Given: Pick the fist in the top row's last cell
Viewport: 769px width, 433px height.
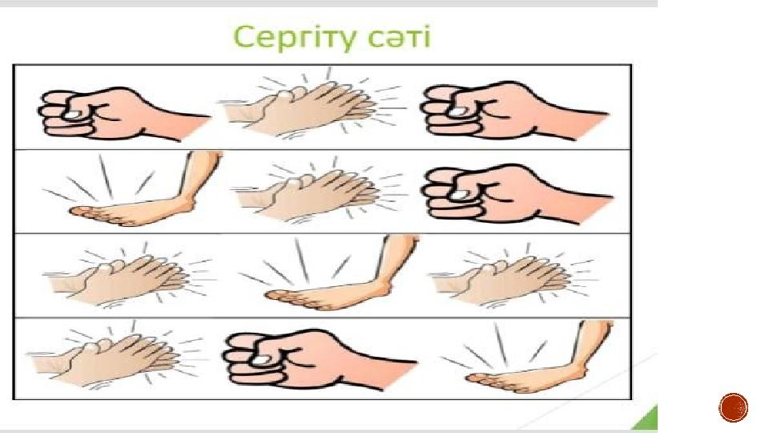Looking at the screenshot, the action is pyautogui.click(x=514, y=111).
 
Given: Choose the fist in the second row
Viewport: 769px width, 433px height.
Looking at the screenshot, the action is pyautogui.click(x=517, y=194).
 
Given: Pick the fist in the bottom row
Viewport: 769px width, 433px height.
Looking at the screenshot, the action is pyautogui.click(x=320, y=359).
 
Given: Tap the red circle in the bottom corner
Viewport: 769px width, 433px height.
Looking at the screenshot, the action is pyautogui.click(x=734, y=407).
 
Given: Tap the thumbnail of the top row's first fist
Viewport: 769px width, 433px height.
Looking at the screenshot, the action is pyautogui.click(x=73, y=114).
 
